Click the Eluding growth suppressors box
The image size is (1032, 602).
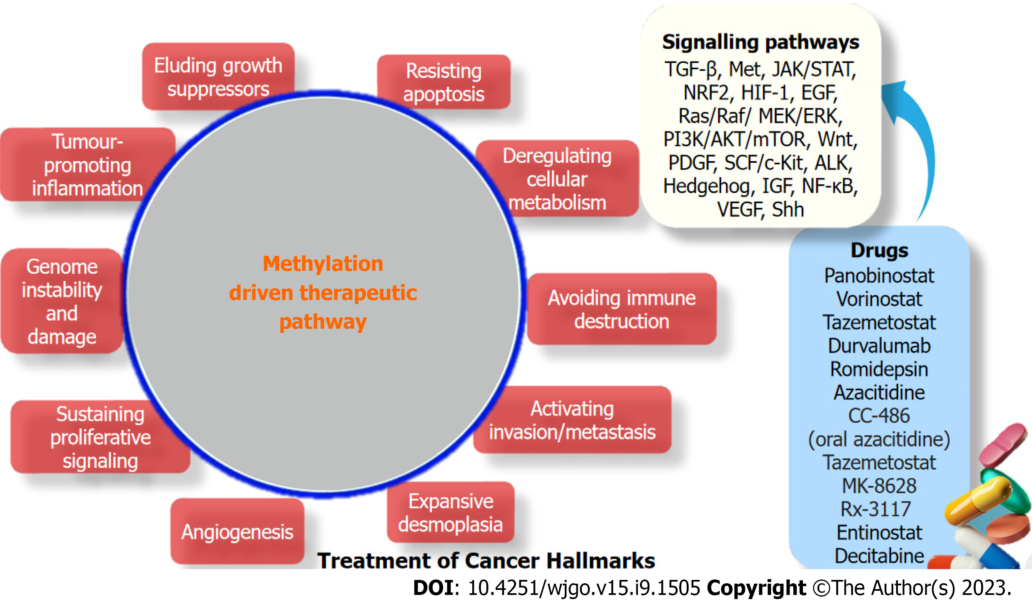coord(218,76)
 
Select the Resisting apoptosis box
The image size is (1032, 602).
coord(444,82)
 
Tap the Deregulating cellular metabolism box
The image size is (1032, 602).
coord(557,178)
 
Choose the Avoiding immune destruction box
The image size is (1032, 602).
coord(621,309)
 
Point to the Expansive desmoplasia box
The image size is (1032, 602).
coord(451,512)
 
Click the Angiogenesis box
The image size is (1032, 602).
coord(237,532)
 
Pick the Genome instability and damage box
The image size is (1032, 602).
coord(62,301)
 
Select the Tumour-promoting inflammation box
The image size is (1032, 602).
coord(87,165)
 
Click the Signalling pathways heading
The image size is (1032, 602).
coord(760,42)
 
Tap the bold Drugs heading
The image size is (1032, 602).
coord(879,250)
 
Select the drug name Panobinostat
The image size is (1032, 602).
coord(879,275)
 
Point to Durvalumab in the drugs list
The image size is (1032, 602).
coord(879,345)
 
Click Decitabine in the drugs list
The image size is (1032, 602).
coord(879,555)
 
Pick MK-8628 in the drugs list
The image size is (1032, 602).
coord(879,485)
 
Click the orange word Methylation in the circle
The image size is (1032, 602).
coord(323,264)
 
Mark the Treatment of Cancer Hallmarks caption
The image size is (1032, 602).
coord(486,560)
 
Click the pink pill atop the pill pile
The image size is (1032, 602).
coord(1003,445)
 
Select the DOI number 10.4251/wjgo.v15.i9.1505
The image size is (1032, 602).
coord(584,588)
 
